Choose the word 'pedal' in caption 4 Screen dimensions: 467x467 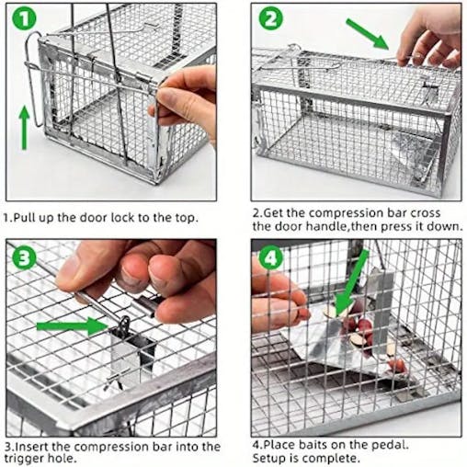point(406,445)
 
